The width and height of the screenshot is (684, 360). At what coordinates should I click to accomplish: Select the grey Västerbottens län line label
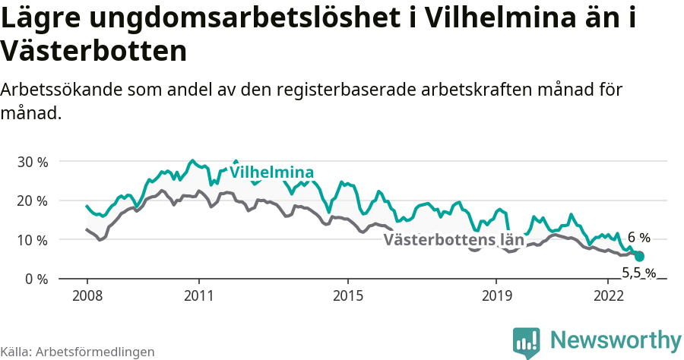pos(454,240)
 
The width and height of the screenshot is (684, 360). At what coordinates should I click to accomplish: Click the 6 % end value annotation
pos(638,238)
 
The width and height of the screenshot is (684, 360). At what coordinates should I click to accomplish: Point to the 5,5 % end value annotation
pos(638,273)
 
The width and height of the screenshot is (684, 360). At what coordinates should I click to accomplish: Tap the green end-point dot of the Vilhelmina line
pos(639,257)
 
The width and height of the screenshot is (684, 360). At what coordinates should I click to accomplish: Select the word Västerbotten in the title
pos(93,52)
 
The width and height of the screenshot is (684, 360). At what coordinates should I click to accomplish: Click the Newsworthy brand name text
pos(616,339)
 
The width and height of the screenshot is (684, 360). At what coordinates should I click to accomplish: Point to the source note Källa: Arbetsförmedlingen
pos(78,352)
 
